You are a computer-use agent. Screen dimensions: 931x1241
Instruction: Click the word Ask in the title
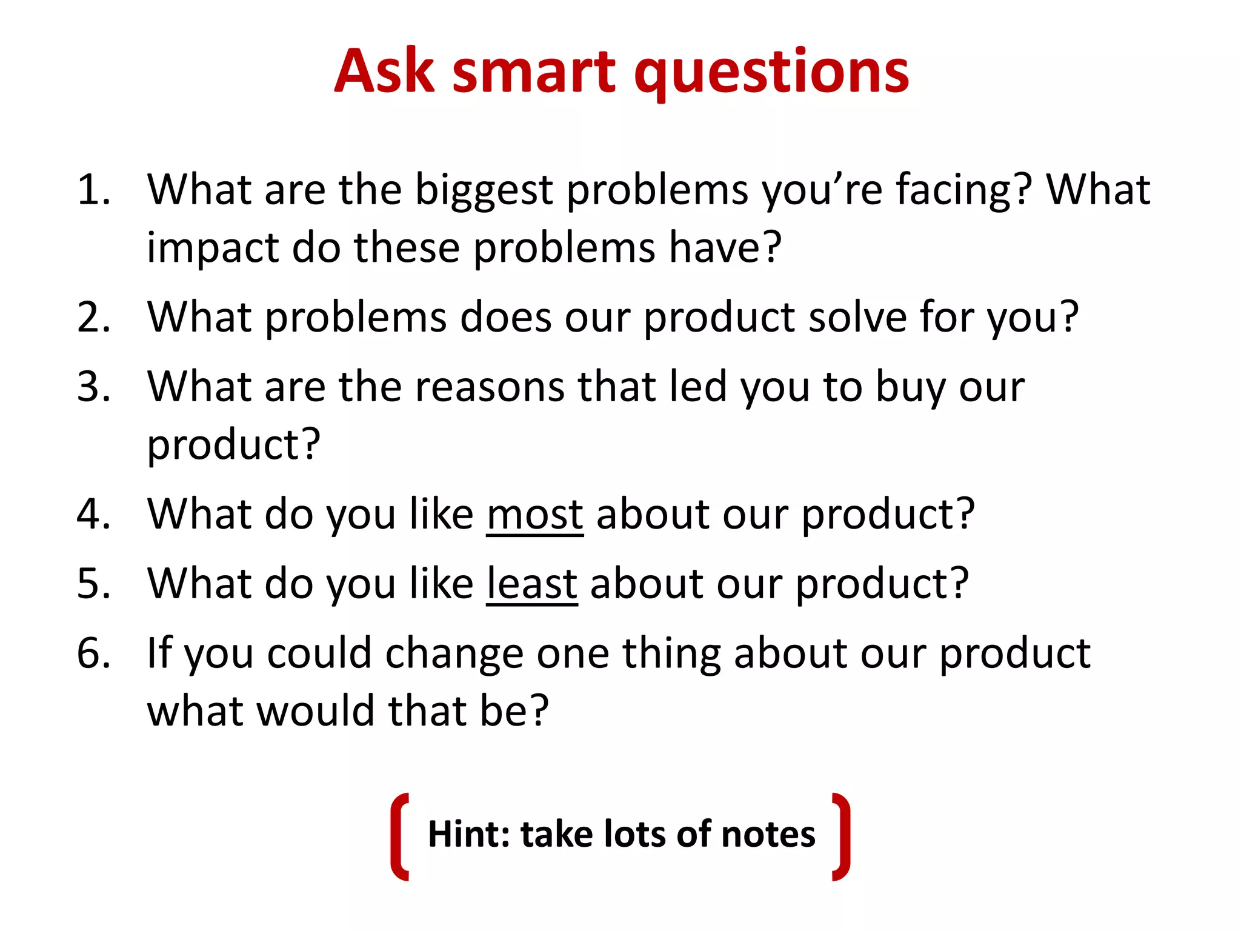click(x=384, y=72)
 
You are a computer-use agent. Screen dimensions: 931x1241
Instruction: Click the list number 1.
click(x=93, y=190)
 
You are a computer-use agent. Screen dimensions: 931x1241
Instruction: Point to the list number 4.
click(x=93, y=514)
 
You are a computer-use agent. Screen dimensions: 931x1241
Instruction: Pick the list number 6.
click(x=93, y=653)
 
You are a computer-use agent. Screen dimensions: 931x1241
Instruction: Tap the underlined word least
click(x=531, y=584)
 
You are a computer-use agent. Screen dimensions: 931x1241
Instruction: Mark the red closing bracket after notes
click(x=841, y=836)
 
